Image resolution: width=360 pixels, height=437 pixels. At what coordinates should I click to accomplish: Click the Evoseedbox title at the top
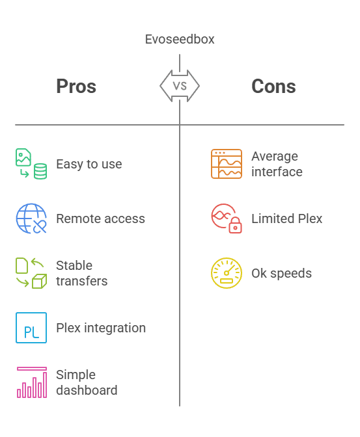coord(180,39)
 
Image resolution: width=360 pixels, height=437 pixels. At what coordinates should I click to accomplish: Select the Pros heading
coord(76,86)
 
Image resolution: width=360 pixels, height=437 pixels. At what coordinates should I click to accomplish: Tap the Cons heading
coord(273,86)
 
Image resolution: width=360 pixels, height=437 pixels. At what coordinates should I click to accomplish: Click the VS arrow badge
coord(180,86)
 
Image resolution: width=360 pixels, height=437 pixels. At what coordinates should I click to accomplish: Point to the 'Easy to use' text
coord(89,164)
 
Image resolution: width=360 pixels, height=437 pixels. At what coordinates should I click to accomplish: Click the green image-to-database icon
coord(31,164)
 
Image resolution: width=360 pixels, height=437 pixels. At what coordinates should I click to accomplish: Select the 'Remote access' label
coord(100,218)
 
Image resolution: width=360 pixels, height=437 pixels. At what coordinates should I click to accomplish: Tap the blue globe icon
coord(31,218)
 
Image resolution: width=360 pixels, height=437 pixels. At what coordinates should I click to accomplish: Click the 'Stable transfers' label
coord(82,273)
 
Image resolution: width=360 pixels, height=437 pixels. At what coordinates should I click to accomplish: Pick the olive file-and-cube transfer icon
coord(31,273)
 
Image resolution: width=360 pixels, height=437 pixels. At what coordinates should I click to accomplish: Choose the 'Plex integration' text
coord(101,328)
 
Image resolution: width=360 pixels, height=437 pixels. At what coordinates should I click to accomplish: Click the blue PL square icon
coord(31,328)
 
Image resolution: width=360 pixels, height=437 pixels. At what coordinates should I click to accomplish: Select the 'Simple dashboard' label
coord(87,382)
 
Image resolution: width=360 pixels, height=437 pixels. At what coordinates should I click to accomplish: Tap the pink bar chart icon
coord(31,382)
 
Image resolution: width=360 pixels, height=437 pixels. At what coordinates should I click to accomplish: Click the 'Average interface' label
coord(277,164)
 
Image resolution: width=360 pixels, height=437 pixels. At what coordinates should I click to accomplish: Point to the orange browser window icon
coord(227,164)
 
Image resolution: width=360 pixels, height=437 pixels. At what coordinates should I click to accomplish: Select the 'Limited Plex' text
coord(287,218)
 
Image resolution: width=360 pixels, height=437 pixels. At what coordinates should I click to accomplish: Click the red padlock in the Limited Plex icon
coord(235,225)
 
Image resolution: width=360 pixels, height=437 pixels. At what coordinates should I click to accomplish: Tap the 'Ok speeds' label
coord(282,273)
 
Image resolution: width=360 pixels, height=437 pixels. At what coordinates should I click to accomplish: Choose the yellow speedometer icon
coord(227,273)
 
